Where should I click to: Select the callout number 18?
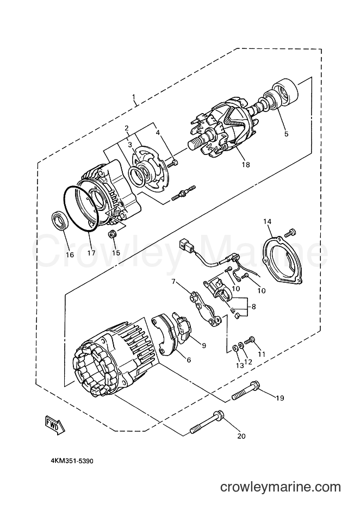click(246, 165)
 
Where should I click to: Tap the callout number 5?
click(286, 134)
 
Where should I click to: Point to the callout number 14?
click(267, 221)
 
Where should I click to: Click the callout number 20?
click(241, 436)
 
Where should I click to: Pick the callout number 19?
click(280, 398)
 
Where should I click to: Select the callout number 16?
click(70, 254)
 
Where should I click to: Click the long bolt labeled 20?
click(208, 422)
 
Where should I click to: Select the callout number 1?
click(133, 97)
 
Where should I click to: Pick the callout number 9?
click(203, 345)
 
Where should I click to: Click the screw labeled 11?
click(249, 340)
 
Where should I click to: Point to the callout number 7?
click(173, 281)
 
